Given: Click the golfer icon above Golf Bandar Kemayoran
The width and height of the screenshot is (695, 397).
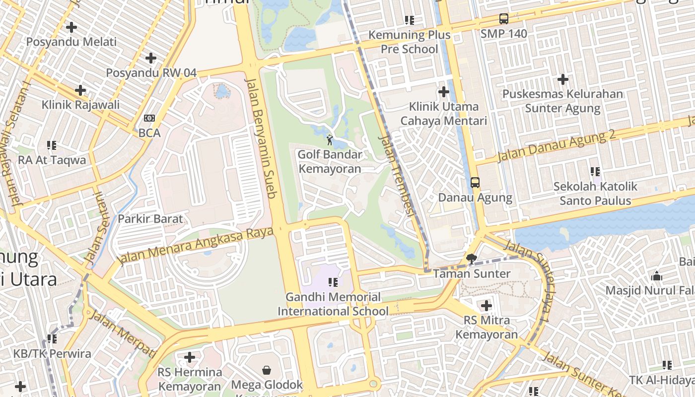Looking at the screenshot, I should (330, 140).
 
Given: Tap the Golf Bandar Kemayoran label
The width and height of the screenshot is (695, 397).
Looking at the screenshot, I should (330, 161).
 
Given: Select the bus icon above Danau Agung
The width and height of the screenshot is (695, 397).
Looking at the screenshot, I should (475, 183).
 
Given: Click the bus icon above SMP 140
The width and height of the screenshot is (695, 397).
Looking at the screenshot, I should (504, 19).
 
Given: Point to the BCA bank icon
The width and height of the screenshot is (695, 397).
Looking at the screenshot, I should (149, 118).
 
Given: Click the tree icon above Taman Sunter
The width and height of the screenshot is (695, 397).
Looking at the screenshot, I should (472, 259).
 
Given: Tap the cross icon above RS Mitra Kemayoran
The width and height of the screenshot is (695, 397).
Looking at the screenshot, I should (486, 306).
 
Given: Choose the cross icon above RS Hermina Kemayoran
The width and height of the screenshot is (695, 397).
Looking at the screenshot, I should (189, 357).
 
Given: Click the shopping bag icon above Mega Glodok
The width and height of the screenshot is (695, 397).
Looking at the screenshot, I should (267, 370).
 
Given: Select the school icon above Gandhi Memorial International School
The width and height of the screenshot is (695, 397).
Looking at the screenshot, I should (333, 282).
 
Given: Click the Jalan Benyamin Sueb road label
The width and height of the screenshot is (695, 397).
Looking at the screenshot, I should (260, 138).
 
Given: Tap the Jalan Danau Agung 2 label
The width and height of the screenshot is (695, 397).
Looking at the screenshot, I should (556, 146).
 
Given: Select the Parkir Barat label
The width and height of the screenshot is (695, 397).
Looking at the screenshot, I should (150, 219).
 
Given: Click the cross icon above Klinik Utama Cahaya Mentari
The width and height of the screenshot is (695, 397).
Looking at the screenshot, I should (444, 92).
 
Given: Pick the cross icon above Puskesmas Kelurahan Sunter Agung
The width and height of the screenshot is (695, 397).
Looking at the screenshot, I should (562, 79).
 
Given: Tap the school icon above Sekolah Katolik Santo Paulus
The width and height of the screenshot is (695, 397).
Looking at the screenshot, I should (595, 172).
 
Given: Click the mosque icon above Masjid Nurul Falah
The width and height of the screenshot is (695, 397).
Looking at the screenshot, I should (657, 276).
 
